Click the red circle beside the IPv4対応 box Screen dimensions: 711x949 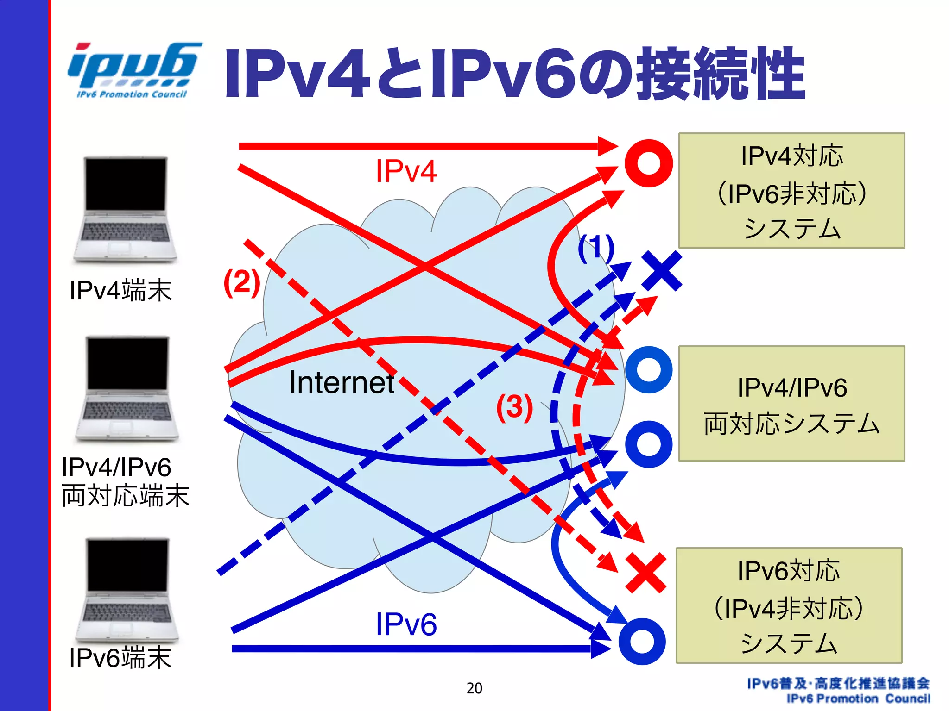pyautogui.click(x=648, y=163)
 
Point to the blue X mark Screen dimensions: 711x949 pyautogui.click(x=662, y=271)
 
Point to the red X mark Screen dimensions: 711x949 pyautogui.click(x=645, y=573)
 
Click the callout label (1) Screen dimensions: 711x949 pyautogui.click(x=595, y=249)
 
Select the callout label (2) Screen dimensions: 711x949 pyautogui.click(x=241, y=282)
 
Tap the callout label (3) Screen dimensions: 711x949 pyautogui.click(x=514, y=407)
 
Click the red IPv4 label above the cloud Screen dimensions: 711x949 pyautogui.click(x=406, y=171)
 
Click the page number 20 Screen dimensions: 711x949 pyautogui.click(x=474, y=688)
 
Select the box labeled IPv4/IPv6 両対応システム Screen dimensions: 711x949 pyautogui.click(x=791, y=404)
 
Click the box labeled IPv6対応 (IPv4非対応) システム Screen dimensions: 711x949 pyautogui.click(x=789, y=605)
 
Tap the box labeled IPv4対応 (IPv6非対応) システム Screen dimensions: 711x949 pyautogui.click(x=791, y=191)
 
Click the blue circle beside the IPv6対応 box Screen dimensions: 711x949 pyautogui.click(x=642, y=642)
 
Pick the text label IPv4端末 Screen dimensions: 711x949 pyautogui.click(x=120, y=291)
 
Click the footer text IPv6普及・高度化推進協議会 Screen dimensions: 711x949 pyautogui.click(x=838, y=683)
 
